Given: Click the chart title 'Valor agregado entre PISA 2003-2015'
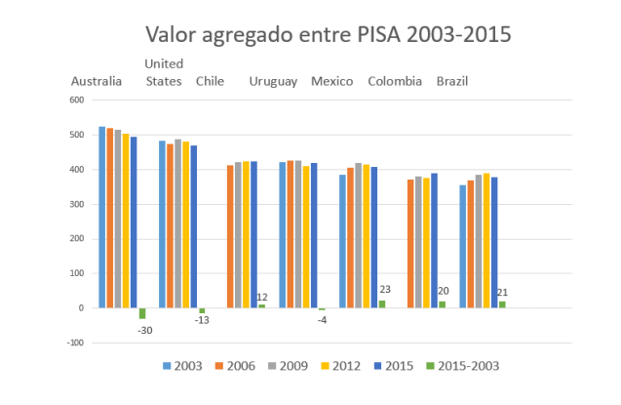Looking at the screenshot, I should pos(329,35).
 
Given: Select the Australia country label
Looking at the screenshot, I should pos(97,81).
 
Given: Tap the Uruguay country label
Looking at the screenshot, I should pos(273,81).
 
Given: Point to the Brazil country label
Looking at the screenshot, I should pos(452,81).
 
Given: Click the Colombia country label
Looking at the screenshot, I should pos(395,81).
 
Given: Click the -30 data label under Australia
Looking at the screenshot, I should pos(144,330).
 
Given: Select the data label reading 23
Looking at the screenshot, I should pos(384,289).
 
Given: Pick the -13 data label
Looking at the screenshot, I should pos(203,320).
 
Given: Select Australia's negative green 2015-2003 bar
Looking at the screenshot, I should pos(142,313).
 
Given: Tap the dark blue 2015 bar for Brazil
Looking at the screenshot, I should pos(495,242).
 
